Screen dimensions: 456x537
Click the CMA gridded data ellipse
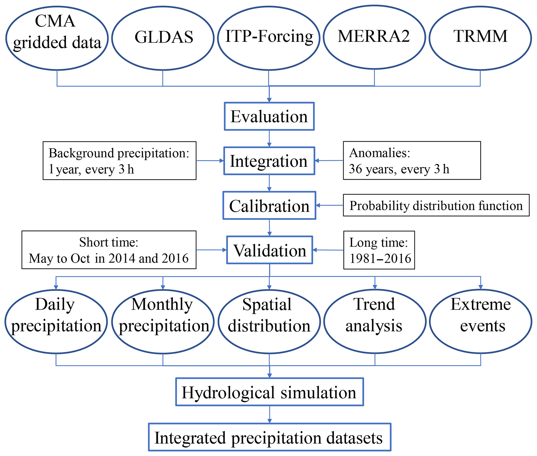coord(57,38)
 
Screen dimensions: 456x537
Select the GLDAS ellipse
coord(163,38)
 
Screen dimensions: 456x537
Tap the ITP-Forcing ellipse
coord(269,38)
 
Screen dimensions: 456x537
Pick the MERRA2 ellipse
coord(374,38)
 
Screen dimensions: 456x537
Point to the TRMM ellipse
coord(480,38)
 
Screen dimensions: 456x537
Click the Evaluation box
coord(269,116)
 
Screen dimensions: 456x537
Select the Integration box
coord(269,161)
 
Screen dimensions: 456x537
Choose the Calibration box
coord(269,206)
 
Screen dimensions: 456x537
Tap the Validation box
coord(269,250)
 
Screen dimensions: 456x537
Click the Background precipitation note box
coord(120,161)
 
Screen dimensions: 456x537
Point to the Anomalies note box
coord(412,160)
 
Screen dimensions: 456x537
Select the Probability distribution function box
coord(436,205)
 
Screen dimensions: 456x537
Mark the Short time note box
coord(109,250)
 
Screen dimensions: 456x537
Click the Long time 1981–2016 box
coord(379,250)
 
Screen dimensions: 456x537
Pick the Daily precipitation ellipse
coord(56,321)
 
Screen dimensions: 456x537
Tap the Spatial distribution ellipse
coord(269,321)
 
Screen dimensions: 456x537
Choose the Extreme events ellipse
coord(481,321)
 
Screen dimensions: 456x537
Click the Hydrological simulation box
coord(269,392)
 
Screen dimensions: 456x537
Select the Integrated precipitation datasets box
coord(269,437)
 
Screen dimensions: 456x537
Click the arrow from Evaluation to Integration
coord(269,139)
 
